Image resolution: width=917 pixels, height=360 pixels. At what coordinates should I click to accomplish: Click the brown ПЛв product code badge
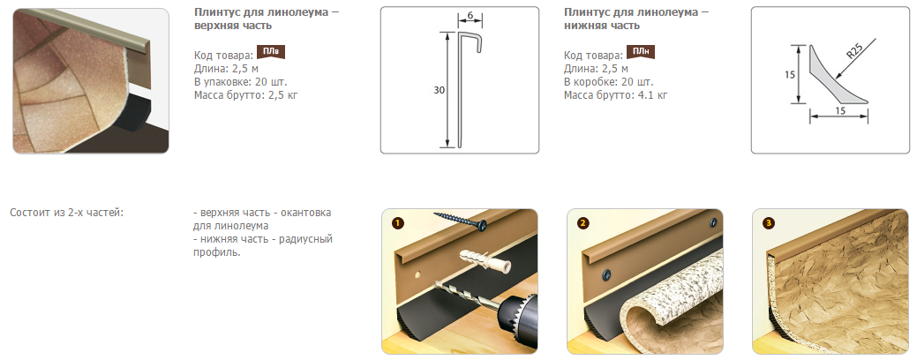[271, 53]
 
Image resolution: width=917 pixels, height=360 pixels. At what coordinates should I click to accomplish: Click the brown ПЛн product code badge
[641, 53]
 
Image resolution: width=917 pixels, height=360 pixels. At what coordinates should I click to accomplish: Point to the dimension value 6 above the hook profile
[470, 17]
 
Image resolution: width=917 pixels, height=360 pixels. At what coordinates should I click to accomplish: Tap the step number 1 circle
[398, 222]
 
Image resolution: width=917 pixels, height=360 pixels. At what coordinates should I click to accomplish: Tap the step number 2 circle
[584, 222]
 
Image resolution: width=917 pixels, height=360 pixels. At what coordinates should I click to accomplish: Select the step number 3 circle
[769, 222]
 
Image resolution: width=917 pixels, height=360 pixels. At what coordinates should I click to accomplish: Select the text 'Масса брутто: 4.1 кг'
[615, 94]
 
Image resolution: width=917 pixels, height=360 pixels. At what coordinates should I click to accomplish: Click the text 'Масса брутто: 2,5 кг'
[245, 94]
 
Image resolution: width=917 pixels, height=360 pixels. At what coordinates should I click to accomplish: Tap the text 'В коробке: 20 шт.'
[608, 81]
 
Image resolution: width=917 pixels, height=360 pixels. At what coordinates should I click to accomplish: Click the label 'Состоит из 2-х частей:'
[67, 212]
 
